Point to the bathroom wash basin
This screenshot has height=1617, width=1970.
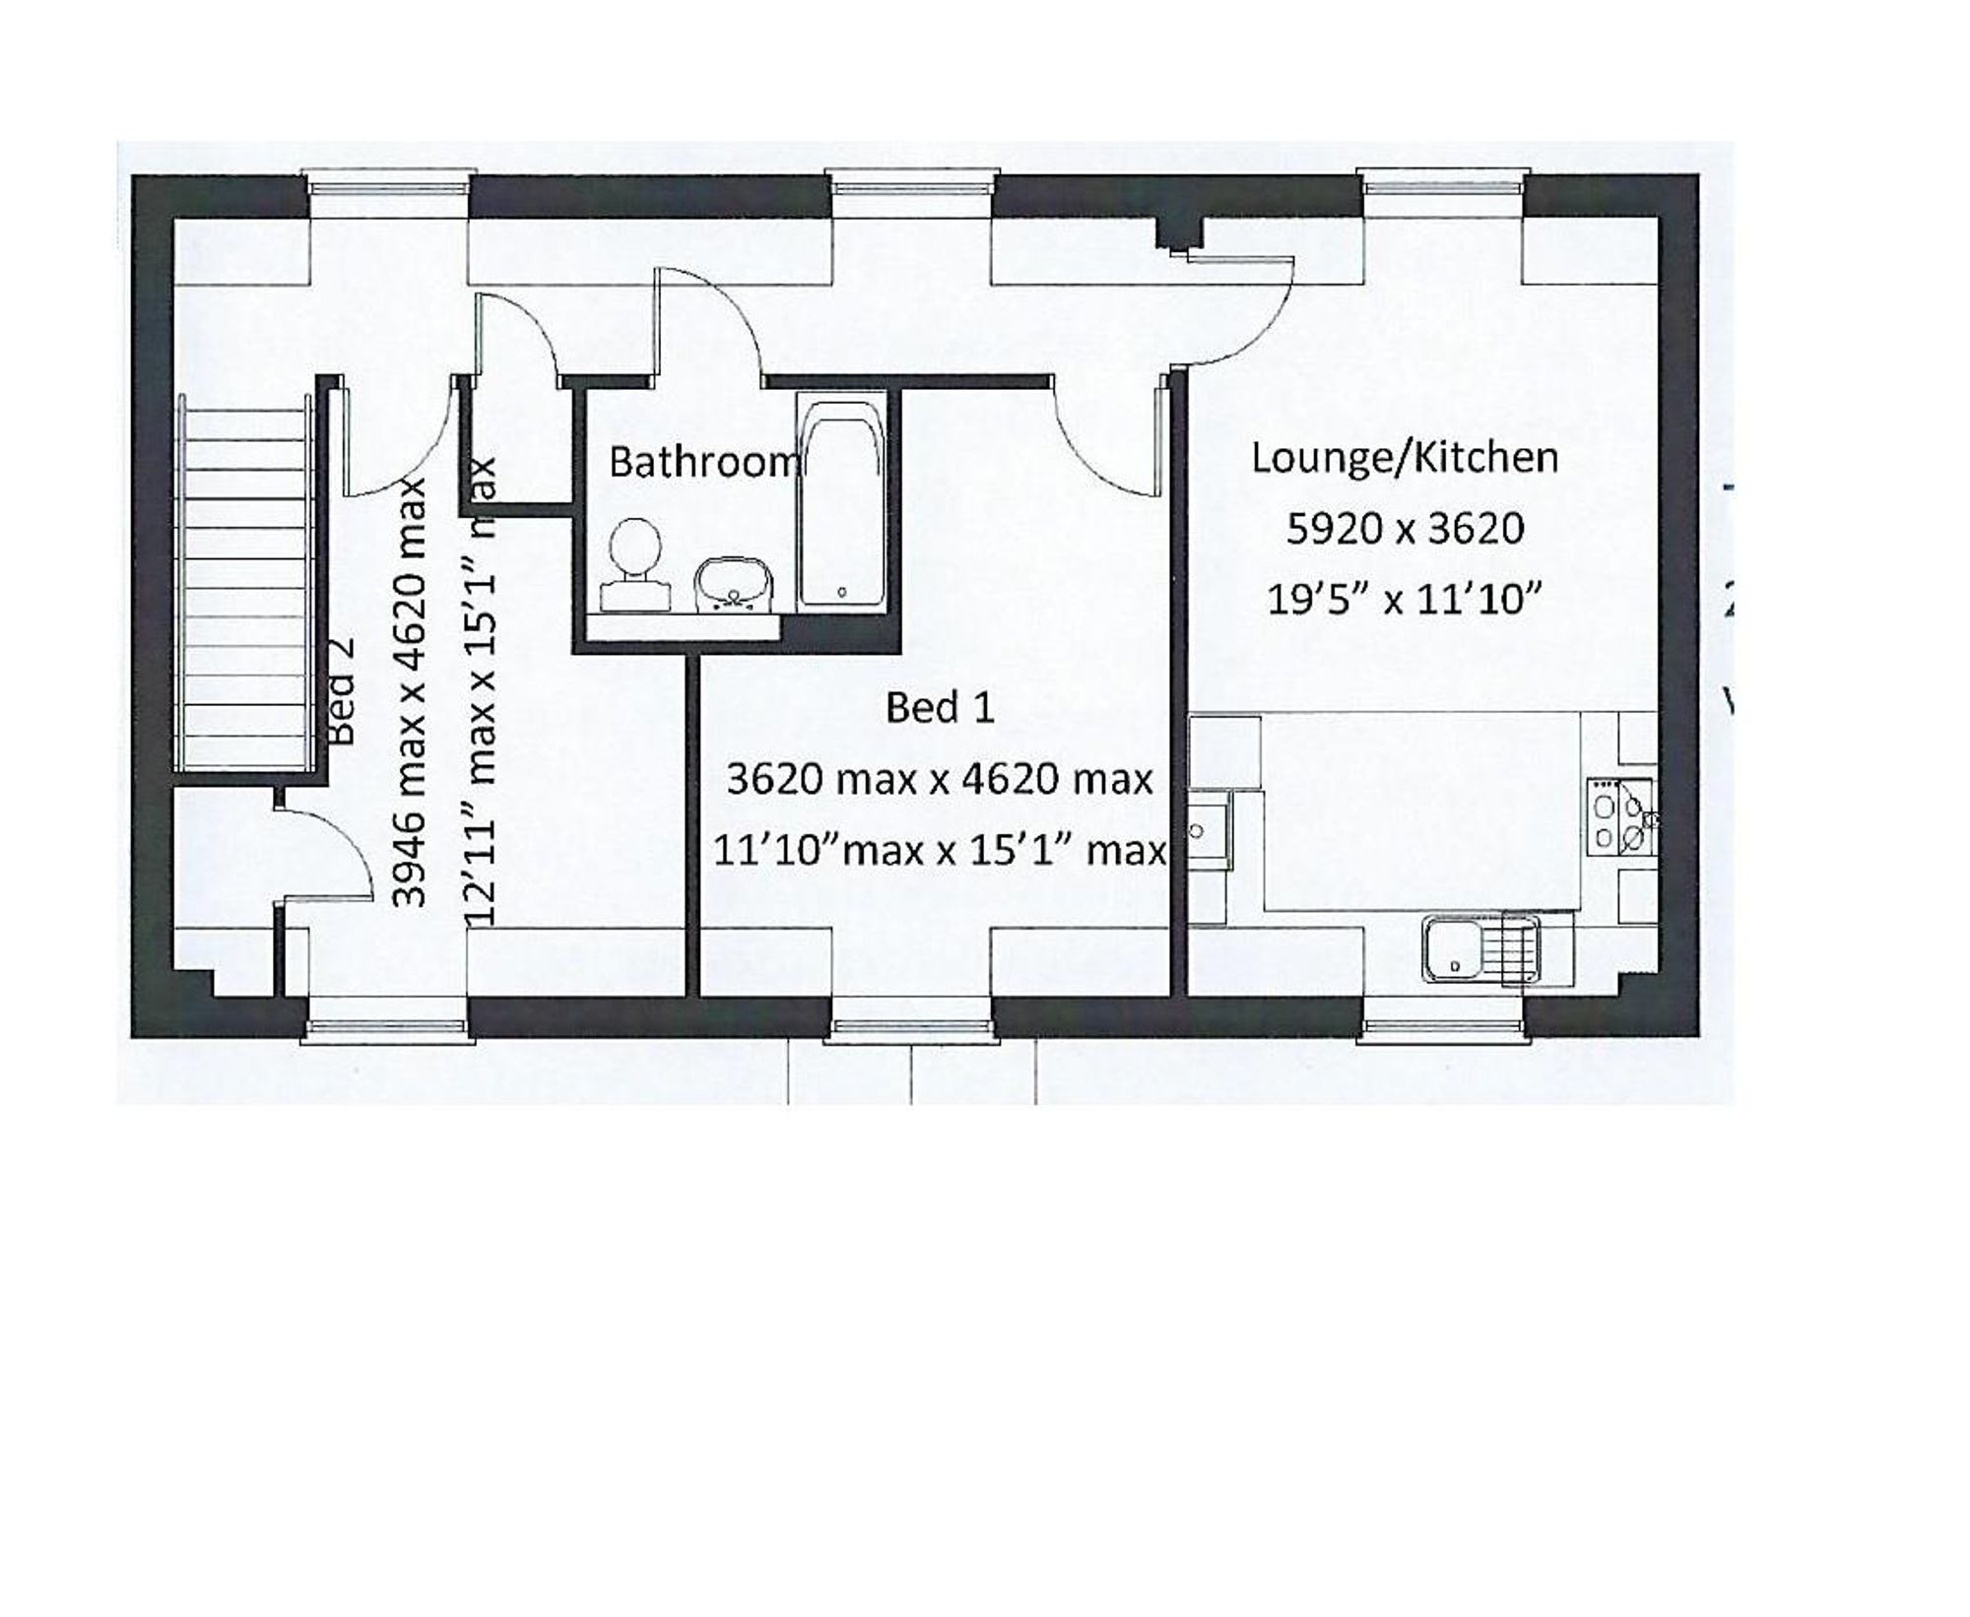(734, 583)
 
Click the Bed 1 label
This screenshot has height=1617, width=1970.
(940, 707)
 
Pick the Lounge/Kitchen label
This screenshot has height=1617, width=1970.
(1405, 458)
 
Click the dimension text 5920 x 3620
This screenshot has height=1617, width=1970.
(1405, 529)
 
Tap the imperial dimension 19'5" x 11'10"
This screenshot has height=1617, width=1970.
(1403, 599)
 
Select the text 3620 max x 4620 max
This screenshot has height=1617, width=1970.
(940, 779)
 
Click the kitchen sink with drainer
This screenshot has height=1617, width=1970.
(1480, 949)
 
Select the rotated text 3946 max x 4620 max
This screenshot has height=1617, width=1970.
(410, 691)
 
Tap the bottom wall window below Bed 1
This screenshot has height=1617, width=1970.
(909, 1029)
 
